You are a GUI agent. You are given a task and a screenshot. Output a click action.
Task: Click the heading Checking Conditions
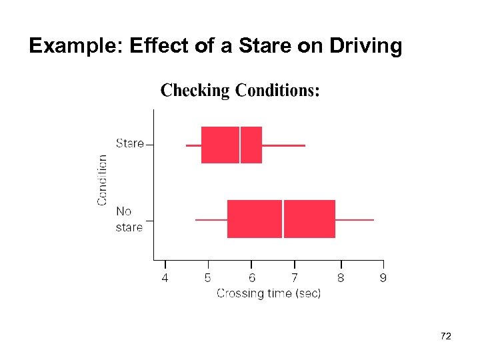[x=240, y=91]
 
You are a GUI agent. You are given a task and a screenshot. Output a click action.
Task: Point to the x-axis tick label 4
[x=165, y=278]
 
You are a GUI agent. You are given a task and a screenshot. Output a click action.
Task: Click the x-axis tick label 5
[x=208, y=278]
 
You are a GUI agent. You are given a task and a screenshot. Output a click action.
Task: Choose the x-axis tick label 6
[x=252, y=278]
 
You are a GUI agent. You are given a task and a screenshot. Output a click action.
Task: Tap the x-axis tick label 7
[x=295, y=278]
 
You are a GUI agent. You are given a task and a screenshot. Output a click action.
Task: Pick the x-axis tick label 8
[x=340, y=278]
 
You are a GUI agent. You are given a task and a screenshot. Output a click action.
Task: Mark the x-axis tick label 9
[x=383, y=278]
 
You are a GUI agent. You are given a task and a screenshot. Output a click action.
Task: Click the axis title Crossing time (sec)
[x=269, y=293]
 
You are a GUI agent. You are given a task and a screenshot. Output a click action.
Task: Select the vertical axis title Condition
[x=103, y=180]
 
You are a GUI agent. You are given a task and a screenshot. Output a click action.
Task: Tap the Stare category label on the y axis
[x=129, y=143]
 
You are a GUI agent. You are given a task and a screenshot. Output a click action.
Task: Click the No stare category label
[x=129, y=219]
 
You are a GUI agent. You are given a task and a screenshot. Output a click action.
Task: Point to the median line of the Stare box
[x=240, y=145]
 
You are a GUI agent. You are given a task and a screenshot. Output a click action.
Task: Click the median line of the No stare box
[x=283, y=219]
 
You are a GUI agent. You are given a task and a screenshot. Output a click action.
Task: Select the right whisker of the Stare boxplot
[x=283, y=145]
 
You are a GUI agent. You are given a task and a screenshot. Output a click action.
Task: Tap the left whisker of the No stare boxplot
[x=211, y=219]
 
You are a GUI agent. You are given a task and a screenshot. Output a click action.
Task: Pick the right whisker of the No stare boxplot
[x=355, y=219]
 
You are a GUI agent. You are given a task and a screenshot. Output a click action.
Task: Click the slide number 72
[x=446, y=337]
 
